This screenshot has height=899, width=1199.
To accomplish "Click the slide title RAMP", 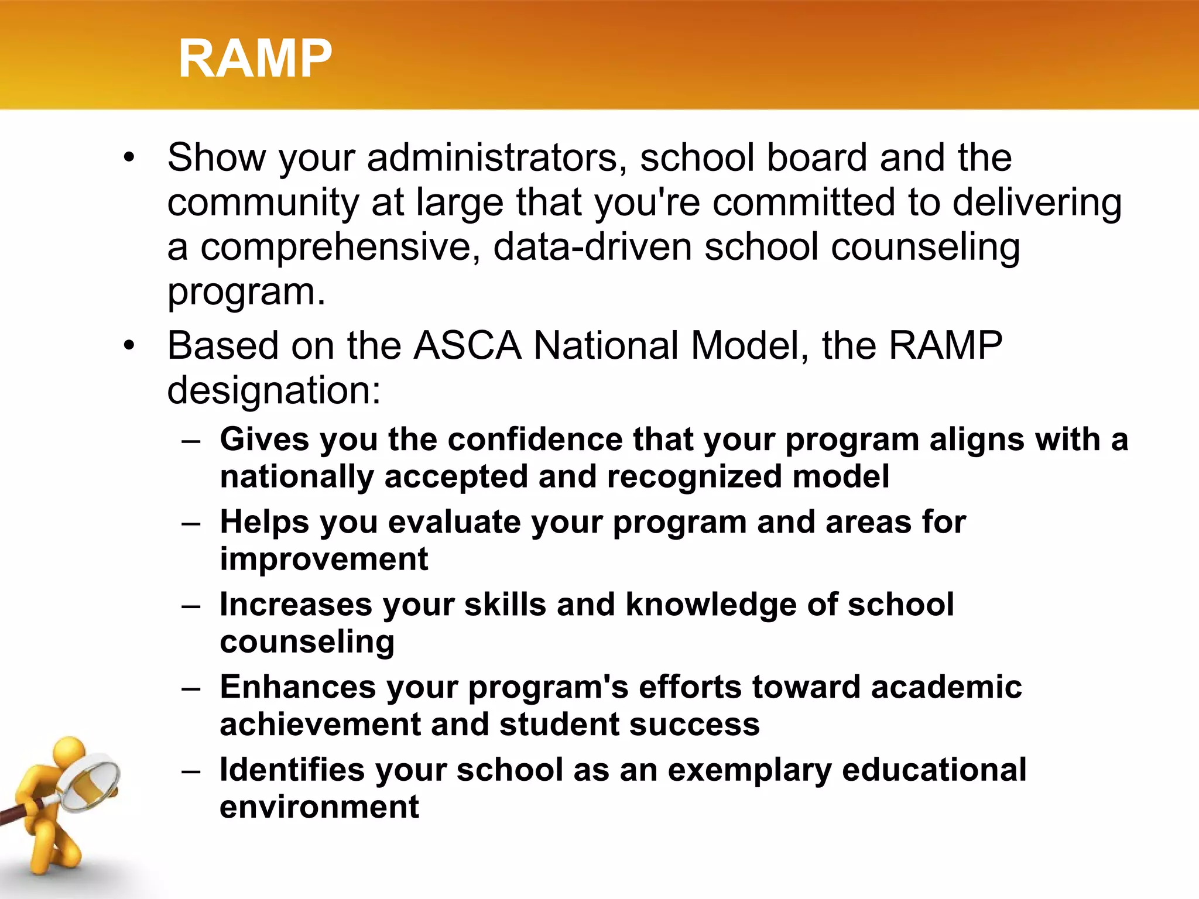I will tap(255, 58).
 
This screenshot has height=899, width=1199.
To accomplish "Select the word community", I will tap(263, 203).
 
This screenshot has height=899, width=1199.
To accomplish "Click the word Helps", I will tap(264, 522).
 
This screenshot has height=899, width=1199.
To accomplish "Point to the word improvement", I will tap(324, 559).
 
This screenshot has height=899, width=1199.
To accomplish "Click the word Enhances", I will tap(297, 687).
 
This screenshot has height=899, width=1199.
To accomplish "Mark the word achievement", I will tap(320, 725).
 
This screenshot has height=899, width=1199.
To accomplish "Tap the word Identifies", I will tap(292, 770).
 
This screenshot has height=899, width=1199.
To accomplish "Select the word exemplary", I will tap(749, 771).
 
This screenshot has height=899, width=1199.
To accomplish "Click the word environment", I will tap(319, 807).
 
